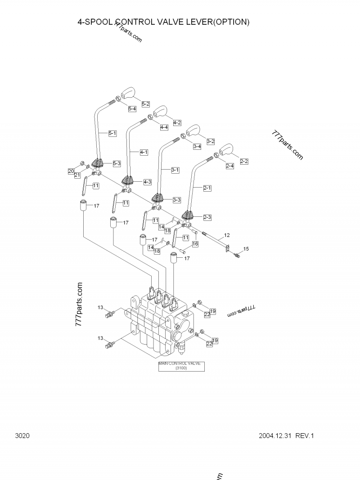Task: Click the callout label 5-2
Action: point(146,104)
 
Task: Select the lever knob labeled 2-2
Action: point(225,150)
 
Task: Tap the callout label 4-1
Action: point(144,153)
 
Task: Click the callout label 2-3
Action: point(207,217)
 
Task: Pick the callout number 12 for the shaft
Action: point(227,235)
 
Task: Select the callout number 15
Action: point(246,249)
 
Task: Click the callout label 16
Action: point(195,244)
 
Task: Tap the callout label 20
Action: point(71,171)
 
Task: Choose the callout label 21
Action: point(77,175)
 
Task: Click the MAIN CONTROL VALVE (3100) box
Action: point(181,366)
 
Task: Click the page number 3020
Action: point(22,436)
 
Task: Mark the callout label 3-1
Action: point(175,170)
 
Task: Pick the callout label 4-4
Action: point(164,127)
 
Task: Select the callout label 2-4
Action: point(229,166)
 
